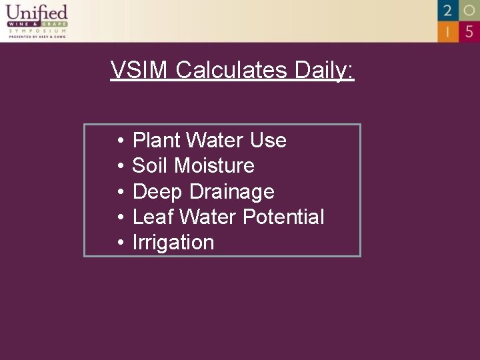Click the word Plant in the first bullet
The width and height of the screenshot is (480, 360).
(x=157, y=141)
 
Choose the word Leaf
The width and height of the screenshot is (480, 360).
(x=153, y=217)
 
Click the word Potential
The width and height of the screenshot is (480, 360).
(x=283, y=217)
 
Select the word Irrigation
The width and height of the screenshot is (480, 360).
(x=173, y=243)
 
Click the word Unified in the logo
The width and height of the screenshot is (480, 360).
(x=37, y=13)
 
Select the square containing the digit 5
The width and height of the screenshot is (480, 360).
(x=469, y=31)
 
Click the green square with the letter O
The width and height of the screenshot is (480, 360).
(x=469, y=10)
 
